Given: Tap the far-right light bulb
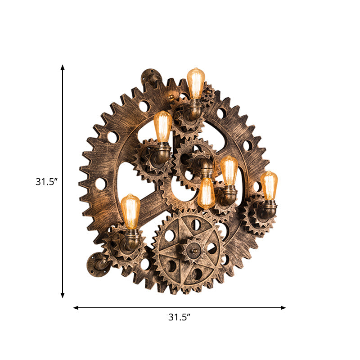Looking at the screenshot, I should coord(269,185).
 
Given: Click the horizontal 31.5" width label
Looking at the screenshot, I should coord(180,317).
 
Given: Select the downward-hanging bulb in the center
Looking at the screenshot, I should coord(206,193).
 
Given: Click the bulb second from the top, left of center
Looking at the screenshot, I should coord(162,126).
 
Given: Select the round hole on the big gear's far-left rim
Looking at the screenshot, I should coord(100,184).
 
